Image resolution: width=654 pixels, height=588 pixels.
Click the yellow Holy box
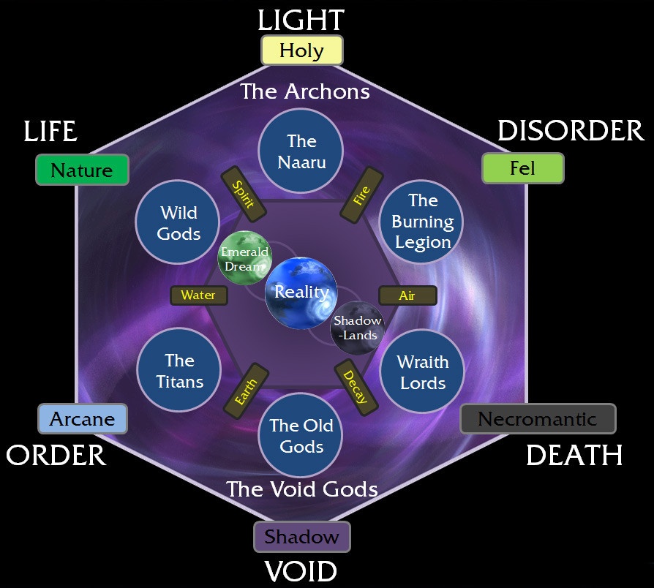(x=302, y=51)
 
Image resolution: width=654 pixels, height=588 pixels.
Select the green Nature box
(x=82, y=170)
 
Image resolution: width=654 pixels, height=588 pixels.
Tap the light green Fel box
(x=522, y=169)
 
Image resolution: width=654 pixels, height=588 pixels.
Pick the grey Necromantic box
(x=538, y=419)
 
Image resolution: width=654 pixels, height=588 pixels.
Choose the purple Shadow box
(x=302, y=537)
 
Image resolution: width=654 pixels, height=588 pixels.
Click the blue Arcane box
(x=83, y=419)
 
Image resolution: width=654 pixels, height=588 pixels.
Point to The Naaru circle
(x=301, y=151)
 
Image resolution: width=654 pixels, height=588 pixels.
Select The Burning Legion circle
(x=422, y=221)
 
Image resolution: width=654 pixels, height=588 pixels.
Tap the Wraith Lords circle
(x=422, y=372)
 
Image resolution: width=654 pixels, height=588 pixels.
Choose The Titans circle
(x=179, y=370)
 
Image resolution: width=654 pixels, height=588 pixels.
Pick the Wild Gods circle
(x=179, y=222)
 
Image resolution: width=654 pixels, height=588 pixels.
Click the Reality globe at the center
(x=301, y=292)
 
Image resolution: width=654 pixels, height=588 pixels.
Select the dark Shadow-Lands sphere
(x=357, y=327)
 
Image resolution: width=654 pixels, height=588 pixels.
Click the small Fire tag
(x=361, y=194)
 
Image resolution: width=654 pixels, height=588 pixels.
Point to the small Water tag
(x=198, y=295)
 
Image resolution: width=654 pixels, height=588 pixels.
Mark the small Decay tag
(x=356, y=385)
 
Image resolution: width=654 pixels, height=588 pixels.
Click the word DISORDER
(x=570, y=131)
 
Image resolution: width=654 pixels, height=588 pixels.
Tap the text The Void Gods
(x=301, y=488)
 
